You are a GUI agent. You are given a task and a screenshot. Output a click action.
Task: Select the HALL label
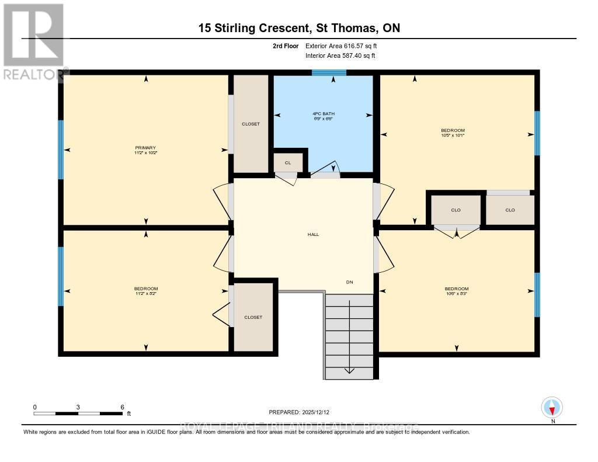314,234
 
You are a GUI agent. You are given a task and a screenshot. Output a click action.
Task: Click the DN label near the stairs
349,282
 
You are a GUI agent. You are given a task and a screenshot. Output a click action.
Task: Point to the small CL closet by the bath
288,162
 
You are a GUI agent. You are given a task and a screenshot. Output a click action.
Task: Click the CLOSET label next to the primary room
251,124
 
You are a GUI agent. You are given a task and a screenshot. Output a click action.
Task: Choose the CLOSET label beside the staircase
253,317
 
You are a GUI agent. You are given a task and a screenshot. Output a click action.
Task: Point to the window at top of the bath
329,73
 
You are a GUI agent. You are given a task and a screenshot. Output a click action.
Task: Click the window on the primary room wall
61,150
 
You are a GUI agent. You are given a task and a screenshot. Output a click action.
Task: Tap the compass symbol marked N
552,407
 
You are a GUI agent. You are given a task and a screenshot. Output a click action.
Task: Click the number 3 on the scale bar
78,407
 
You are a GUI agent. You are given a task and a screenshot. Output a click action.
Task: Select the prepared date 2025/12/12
303,412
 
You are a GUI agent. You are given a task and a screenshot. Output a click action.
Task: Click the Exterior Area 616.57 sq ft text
345,46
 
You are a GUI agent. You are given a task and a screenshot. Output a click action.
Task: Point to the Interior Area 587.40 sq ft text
340,56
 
